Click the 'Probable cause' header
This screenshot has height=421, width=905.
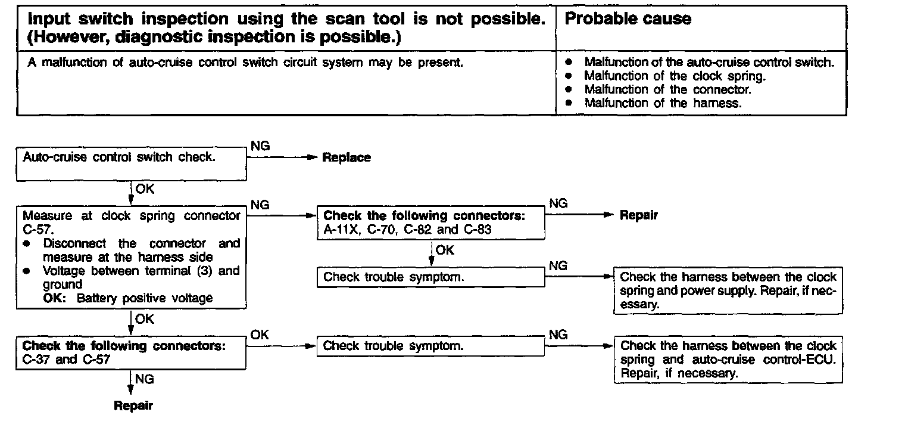628,19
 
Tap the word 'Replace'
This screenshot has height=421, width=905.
346,158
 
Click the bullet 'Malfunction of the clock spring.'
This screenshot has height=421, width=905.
675,76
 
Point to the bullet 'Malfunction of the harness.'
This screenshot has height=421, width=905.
663,103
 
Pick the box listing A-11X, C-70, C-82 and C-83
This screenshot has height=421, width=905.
432,222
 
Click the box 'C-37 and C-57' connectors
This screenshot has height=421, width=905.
131,353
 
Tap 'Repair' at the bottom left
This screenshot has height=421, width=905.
133,406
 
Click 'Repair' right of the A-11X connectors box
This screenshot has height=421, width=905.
639,216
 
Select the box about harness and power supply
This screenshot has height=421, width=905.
728,290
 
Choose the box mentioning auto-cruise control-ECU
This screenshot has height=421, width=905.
728,360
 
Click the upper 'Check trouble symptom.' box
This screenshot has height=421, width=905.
432,277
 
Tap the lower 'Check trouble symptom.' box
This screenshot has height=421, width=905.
432,346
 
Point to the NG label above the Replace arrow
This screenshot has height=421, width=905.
260,146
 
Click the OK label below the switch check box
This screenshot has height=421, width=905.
144,189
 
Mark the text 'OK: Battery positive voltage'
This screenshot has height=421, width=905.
127,298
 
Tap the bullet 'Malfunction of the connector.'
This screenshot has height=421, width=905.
667,89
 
